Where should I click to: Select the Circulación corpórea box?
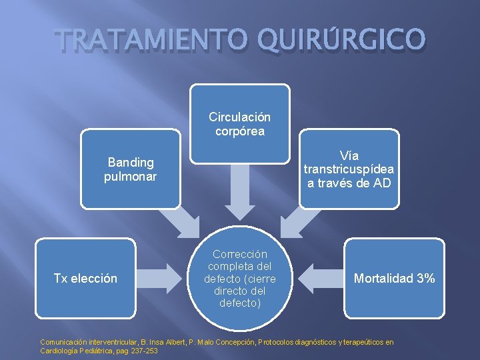240,124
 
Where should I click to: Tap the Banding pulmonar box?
131,169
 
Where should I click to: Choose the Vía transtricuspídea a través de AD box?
349,169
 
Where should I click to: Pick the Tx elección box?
85,278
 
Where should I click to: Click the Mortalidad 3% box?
394,278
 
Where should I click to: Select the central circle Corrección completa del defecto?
240,278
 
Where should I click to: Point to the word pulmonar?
131,177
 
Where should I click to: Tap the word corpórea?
240,131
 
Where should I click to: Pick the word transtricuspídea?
349,169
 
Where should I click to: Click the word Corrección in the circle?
240,254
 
